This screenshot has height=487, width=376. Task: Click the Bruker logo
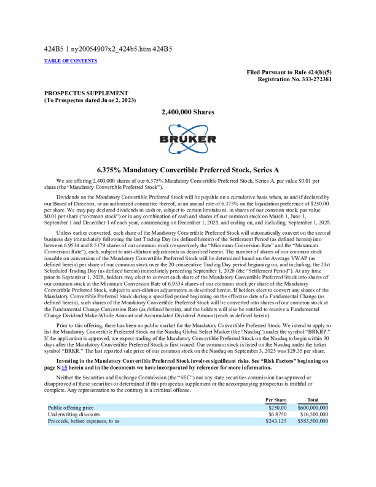point(187,140)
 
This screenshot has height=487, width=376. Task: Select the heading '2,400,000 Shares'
point(187,113)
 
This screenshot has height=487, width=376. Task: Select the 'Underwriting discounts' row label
point(74,414)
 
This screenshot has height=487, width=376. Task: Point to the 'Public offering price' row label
point(72,407)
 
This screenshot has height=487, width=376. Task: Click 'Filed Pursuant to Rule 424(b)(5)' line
point(289,73)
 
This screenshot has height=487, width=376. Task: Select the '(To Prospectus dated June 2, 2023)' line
point(90,100)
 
